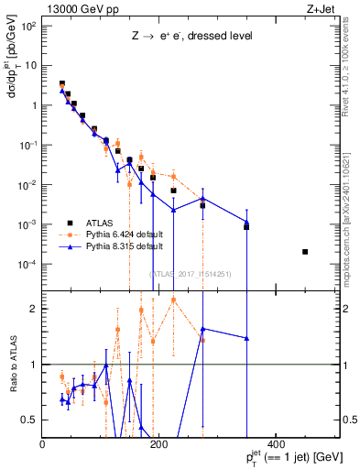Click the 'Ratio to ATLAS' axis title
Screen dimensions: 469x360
coord(13,365)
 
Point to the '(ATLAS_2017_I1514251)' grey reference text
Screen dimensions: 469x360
coord(189,273)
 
